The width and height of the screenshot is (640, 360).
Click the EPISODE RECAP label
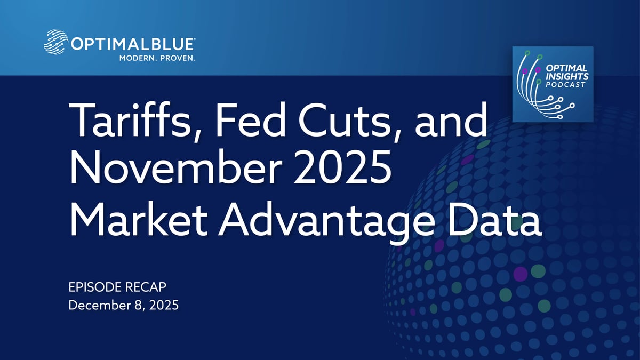117,287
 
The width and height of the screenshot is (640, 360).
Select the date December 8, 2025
123,305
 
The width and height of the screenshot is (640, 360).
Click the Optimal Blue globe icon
56,42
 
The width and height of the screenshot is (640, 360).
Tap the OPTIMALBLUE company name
133,44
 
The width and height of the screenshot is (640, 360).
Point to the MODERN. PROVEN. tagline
157,58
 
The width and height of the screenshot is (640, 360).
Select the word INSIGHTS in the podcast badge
567,76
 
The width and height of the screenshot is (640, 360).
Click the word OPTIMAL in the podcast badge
566,68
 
